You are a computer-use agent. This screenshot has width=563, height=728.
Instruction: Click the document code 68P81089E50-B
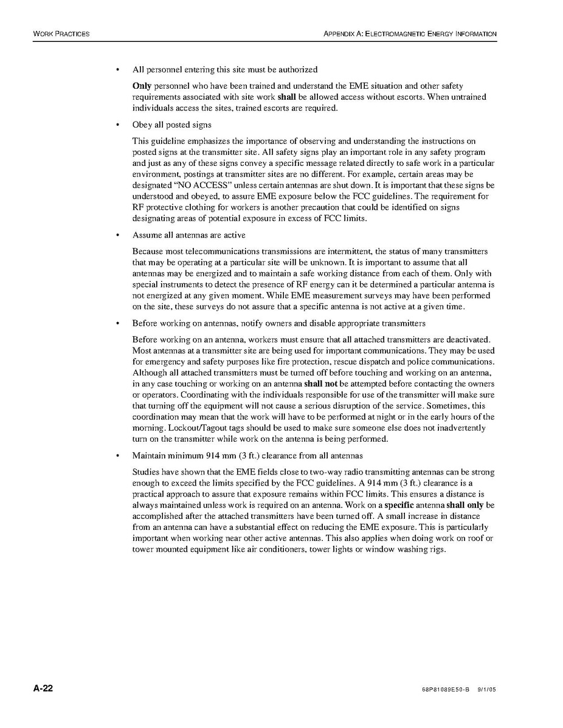click(446, 690)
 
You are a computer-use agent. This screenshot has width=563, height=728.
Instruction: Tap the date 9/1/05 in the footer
click(488, 690)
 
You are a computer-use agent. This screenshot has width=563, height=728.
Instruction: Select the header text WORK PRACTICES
click(61, 33)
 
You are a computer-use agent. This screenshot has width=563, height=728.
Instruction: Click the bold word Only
click(142, 86)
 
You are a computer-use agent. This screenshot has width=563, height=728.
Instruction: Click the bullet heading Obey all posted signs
click(171, 125)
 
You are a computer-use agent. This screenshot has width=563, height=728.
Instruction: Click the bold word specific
click(399, 505)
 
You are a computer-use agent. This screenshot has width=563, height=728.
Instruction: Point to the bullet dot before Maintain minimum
click(116, 456)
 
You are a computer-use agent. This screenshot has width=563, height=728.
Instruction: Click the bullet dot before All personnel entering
click(116, 70)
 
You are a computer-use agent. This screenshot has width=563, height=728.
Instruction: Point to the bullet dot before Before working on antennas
click(116, 323)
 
